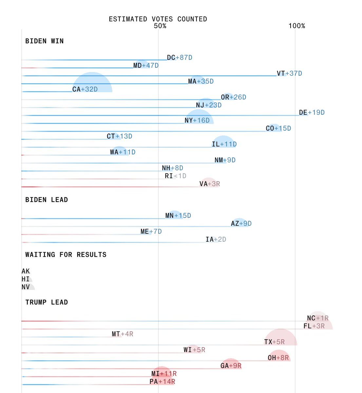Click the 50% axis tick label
pos(160,26)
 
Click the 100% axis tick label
pos(296,26)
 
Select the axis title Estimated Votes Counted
pos(158,19)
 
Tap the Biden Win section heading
pos(45,41)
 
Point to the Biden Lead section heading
pos(47,200)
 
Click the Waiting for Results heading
pos(66,254)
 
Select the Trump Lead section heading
pos(47,302)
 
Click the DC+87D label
pos(180,58)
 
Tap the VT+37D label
pos(289,73)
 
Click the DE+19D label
pos(312,112)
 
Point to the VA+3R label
pos(210,184)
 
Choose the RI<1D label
pos(175,176)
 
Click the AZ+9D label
pos(241,223)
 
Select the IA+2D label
pos(216,239)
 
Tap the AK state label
pos(26,271)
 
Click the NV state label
pos(26,287)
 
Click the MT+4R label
pos(122,334)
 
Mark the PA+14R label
pos(162,382)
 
